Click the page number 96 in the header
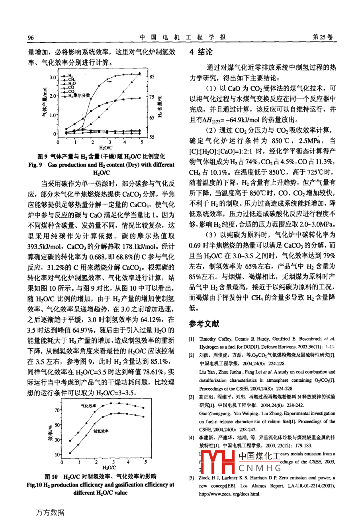[31, 37]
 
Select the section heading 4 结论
[201, 52]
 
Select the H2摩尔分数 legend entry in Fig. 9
[79, 96]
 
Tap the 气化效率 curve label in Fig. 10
[88, 406]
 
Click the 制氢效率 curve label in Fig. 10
[101, 431]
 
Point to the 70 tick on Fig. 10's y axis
[57, 410]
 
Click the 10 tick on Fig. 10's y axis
[57, 455]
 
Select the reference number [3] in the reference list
[192, 397]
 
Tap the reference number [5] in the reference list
[192, 478]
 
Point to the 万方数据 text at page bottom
[50, 512]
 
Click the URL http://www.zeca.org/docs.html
[229, 494]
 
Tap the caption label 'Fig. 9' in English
[35, 165]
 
